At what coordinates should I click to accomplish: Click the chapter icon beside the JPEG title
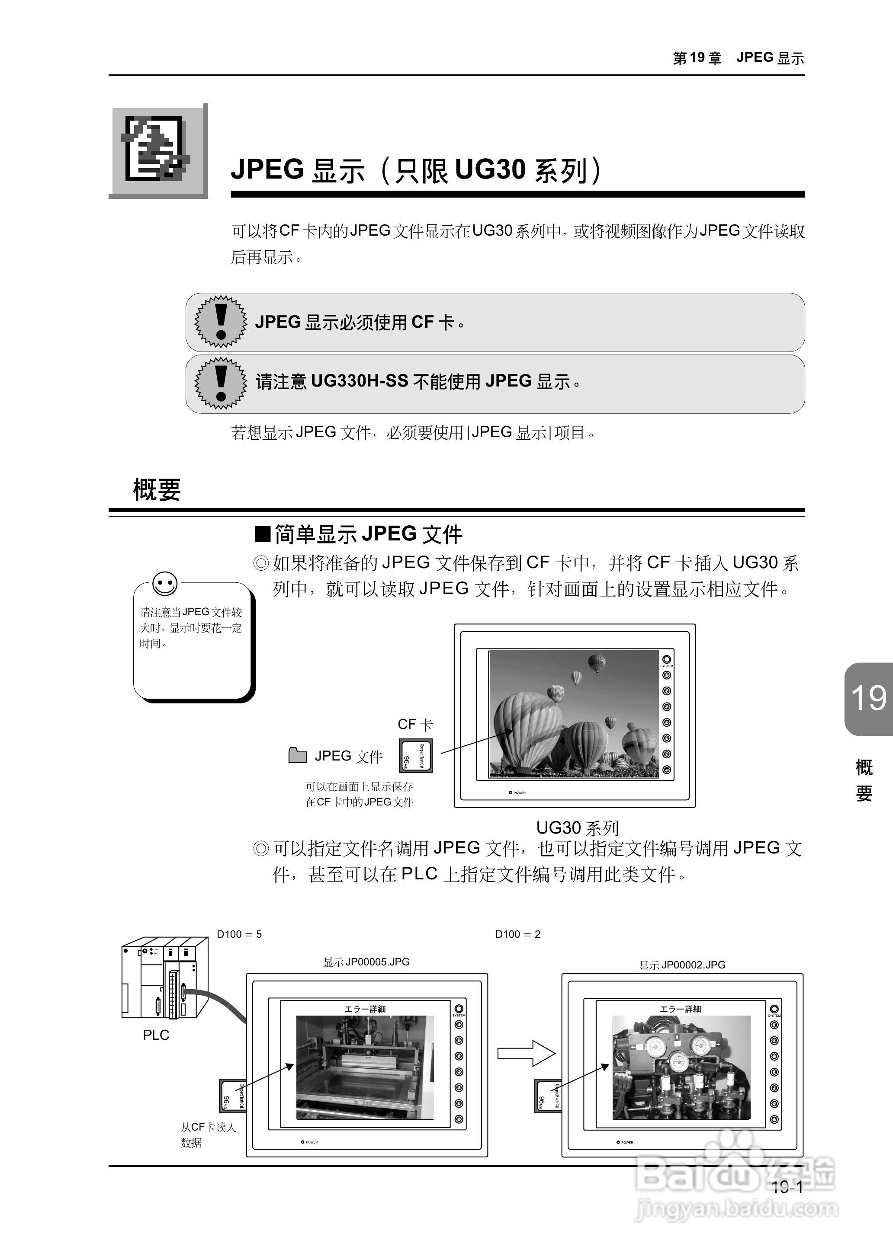(158, 150)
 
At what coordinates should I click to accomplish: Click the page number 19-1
(787, 1187)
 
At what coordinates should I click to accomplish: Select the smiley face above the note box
(165, 583)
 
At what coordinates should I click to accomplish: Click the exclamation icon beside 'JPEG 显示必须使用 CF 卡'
(221, 322)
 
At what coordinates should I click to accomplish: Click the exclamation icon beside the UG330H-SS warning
(221, 383)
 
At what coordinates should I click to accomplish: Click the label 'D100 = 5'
(239, 934)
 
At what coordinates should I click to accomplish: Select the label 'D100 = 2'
(517, 934)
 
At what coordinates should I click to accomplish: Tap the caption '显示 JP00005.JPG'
(366, 962)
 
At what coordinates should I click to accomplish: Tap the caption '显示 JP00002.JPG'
(682, 965)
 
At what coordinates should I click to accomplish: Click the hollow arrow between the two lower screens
(526, 1054)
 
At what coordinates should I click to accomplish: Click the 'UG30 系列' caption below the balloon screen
(577, 828)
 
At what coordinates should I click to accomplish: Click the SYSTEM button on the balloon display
(666, 659)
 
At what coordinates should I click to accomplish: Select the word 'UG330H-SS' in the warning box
(360, 381)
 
